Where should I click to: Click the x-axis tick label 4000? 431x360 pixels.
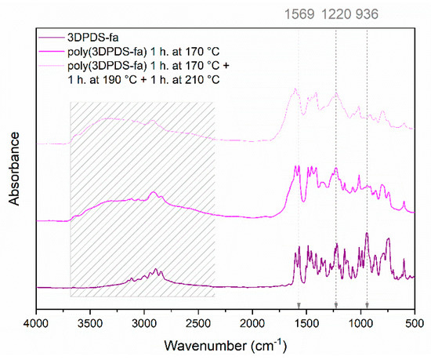(x=36, y=322)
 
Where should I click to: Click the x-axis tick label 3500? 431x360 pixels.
(x=90, y=322)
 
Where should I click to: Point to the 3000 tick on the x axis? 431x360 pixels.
(x=144, y=322)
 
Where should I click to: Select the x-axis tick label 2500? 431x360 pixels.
(x=198, y=322)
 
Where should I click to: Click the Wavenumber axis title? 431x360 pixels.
(x=225, y=344)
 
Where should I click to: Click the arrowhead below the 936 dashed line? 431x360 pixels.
(x=367, y=304)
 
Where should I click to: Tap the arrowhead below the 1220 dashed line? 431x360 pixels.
(x=336, y=304)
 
